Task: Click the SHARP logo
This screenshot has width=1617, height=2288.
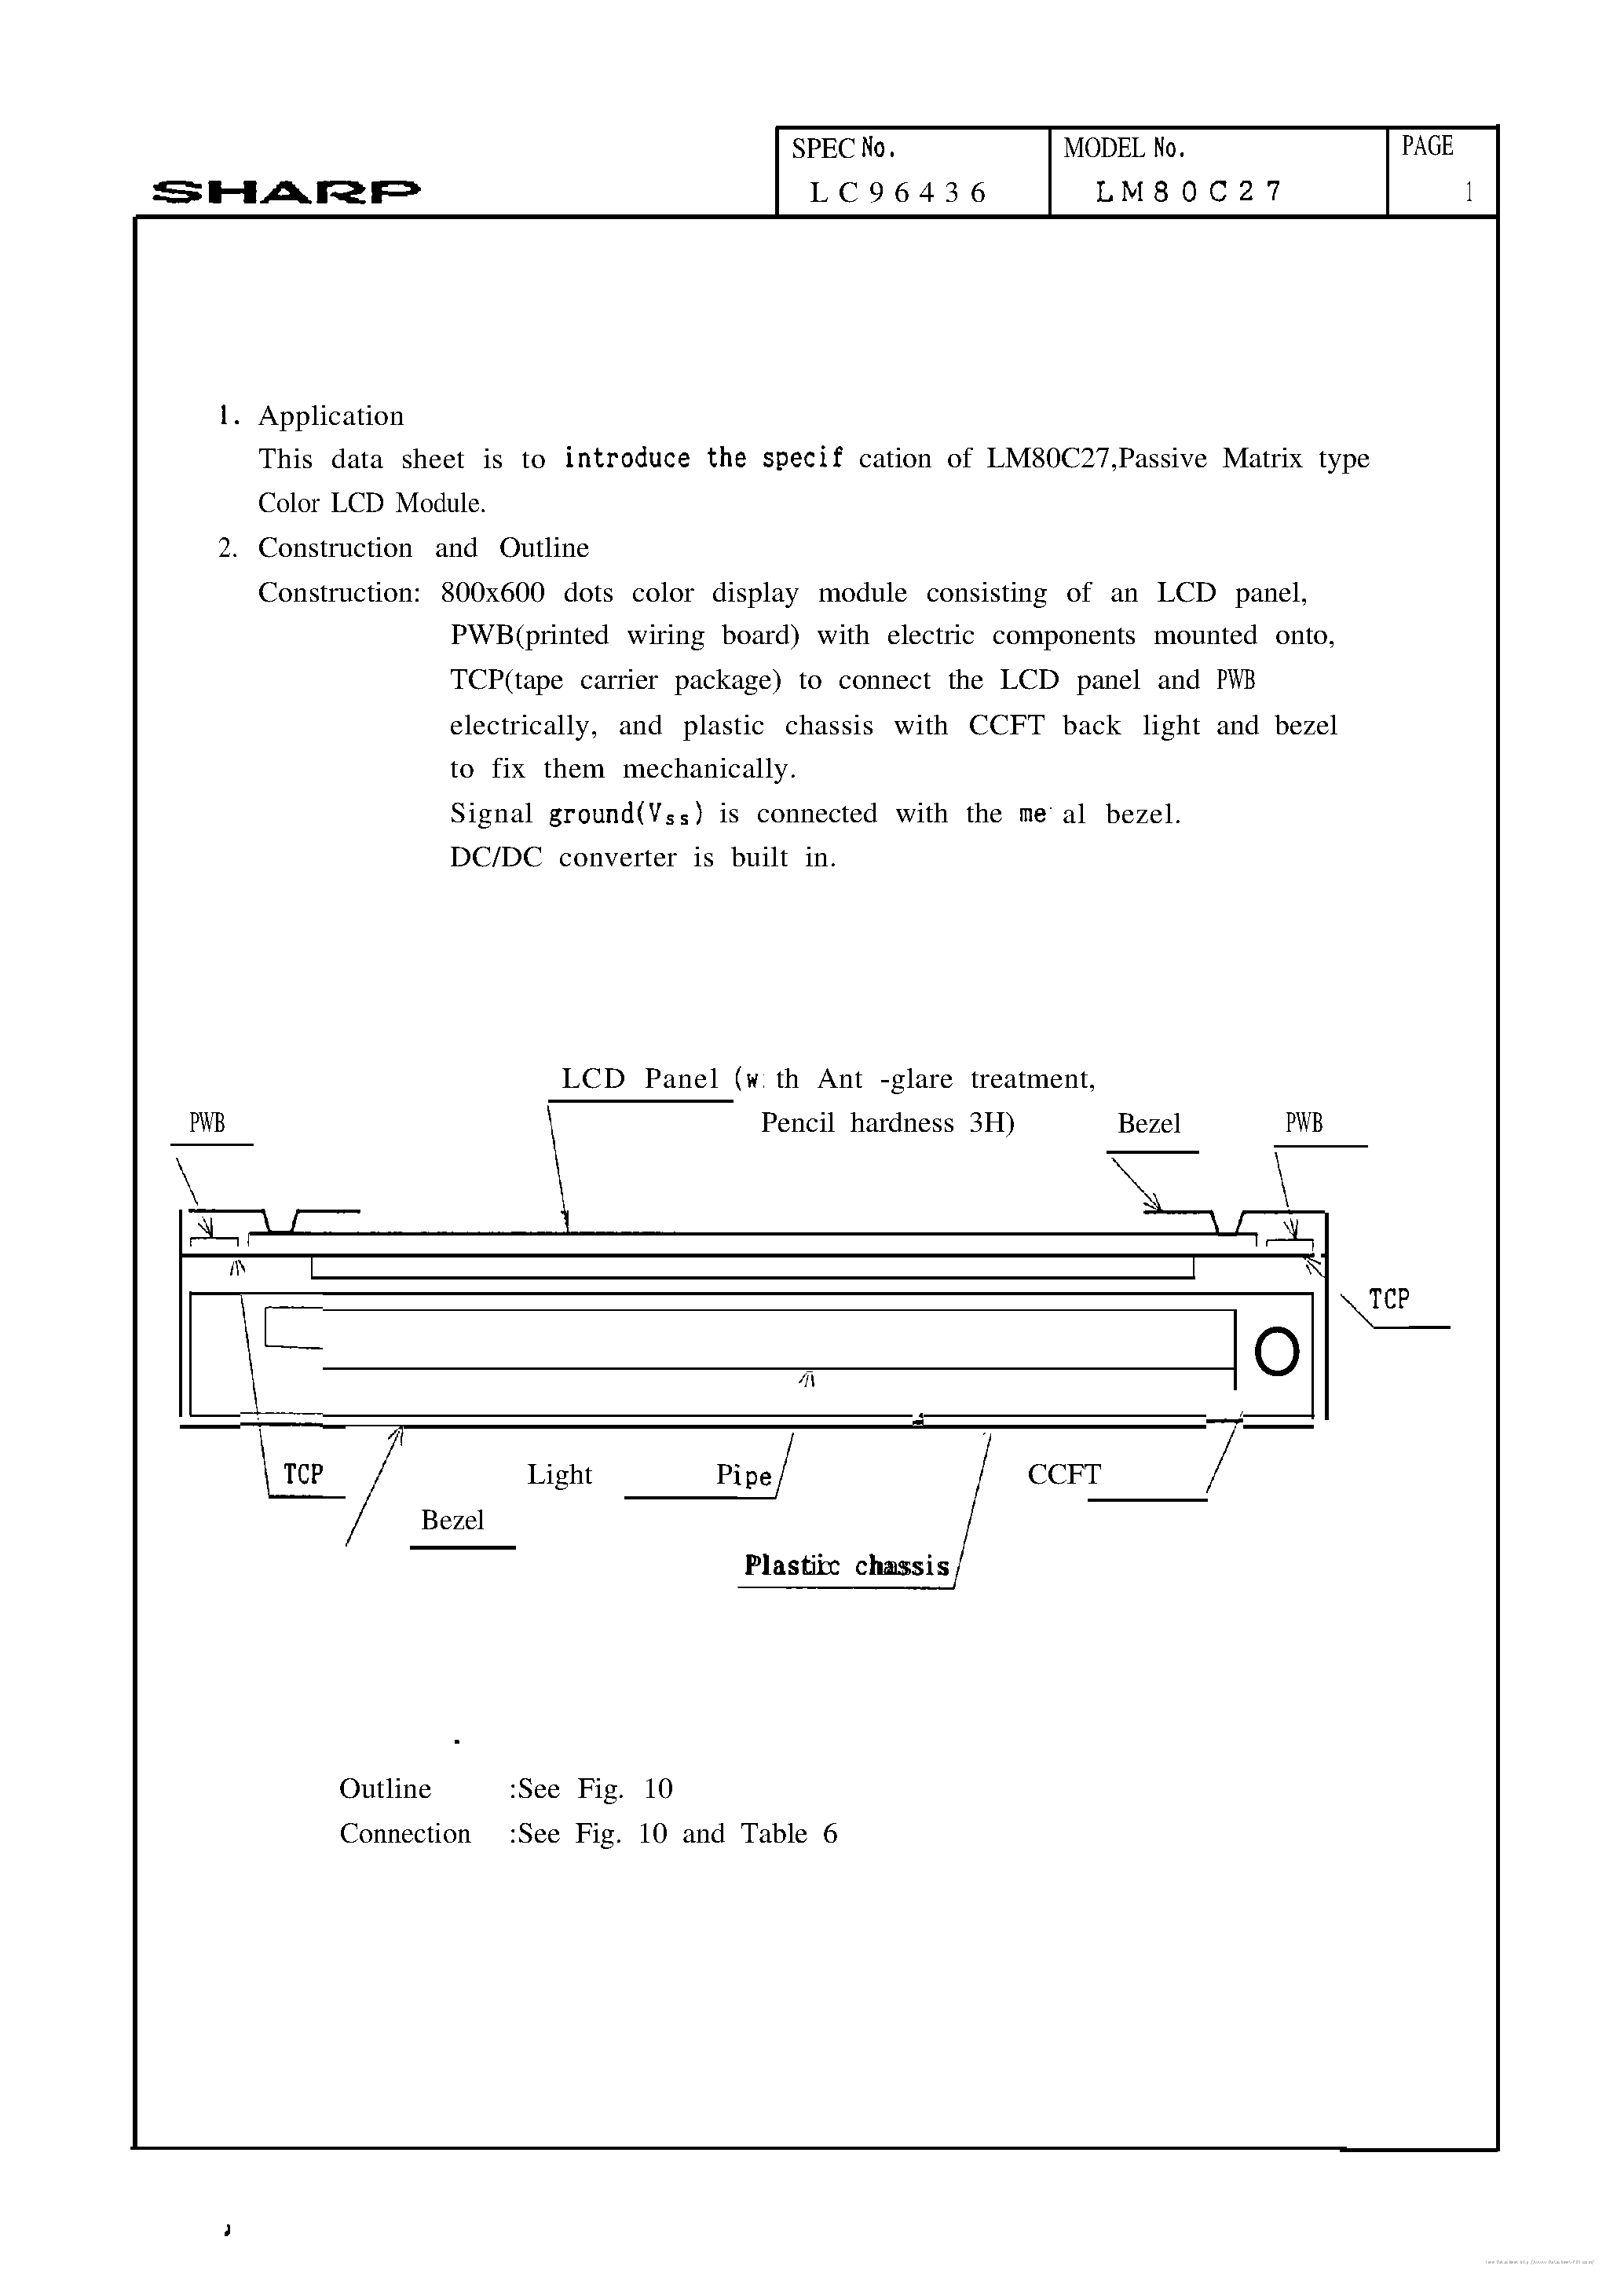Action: coord(286,192)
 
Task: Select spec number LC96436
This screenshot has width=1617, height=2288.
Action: coord(898,192)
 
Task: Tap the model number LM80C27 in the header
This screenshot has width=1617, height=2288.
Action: coord(1187,192)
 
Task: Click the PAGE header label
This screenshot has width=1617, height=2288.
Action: coord(1427,147)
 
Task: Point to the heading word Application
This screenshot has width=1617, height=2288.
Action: coord(331,416)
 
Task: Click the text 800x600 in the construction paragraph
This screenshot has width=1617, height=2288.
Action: coord(492,593)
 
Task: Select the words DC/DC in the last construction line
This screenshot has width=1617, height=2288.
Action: coord(496,857)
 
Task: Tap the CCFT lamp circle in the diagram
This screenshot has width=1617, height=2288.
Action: coord(1276,1353)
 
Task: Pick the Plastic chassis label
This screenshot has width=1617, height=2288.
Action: coord(846,1565)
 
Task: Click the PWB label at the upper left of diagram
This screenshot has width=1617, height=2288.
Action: coord(207,1123)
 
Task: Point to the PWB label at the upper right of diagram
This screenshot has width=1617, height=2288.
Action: coord(1304,1123)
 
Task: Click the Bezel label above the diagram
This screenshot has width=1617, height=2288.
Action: coord(1149,1124)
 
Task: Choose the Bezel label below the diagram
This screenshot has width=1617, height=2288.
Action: coord(452,1520)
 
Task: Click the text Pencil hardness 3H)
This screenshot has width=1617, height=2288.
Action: coord(887,1123)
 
